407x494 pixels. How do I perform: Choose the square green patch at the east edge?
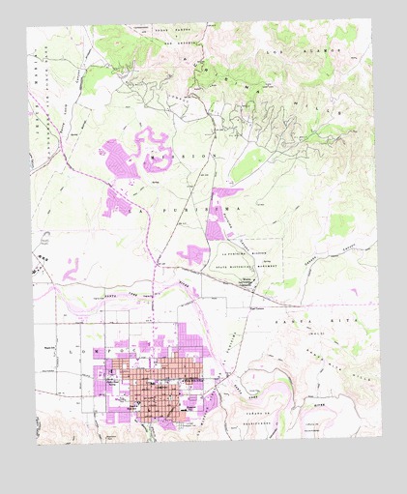(x=340, y=225)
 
